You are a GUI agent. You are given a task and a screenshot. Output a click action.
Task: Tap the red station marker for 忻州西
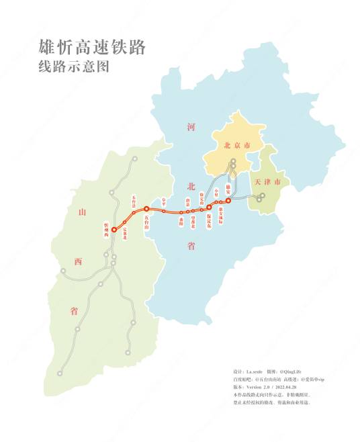(114, 229)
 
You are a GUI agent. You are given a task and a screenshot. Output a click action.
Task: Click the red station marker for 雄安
(228, 200)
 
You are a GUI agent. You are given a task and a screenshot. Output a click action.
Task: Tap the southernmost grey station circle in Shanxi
(60, 372)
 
